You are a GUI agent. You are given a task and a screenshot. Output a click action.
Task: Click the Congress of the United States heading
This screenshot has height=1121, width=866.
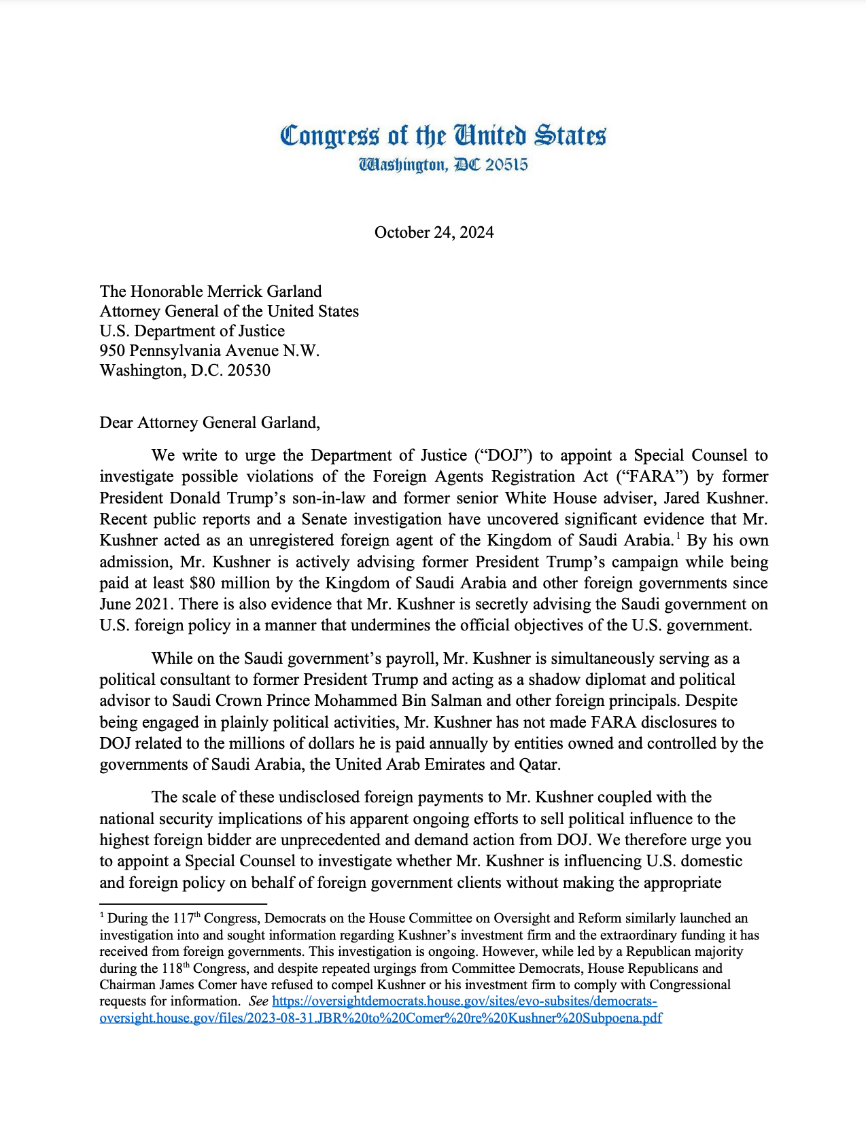coord(443,135)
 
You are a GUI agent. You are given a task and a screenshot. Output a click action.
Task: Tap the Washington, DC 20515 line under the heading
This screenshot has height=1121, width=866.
coord(443,165)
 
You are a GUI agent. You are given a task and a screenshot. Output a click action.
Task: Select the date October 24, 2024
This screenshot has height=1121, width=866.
coord(434,232)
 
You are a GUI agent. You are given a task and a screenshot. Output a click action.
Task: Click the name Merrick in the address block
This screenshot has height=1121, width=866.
coord(233,291)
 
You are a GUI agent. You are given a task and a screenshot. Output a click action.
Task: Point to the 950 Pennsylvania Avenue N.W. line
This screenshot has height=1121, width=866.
coord(209,351)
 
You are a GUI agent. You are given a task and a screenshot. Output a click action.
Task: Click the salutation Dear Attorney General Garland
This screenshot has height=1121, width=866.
coord(209,423)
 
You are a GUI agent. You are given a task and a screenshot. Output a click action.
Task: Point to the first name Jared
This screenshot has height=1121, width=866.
coord(685,498)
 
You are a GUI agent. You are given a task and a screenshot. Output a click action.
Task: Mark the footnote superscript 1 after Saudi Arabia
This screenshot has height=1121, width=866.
coord(678,537)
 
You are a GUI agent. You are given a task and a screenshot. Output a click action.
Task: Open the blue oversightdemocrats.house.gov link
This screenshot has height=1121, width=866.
coord(464,1001)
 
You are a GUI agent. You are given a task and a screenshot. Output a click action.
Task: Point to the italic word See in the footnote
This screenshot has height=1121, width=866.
coord(258,1001)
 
